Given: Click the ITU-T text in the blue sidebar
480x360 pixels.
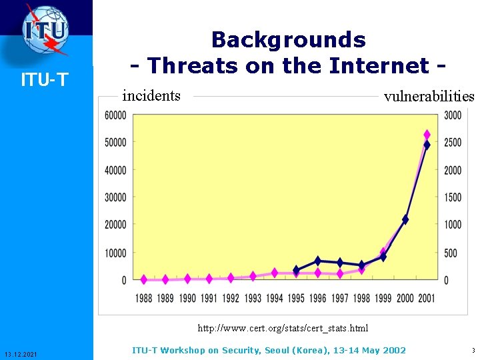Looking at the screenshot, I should coord(45,81).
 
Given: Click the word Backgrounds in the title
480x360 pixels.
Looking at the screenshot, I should coord(288,40).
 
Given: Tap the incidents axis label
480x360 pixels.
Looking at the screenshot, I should coord(151,95).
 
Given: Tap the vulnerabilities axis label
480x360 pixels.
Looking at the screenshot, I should coord(428,96).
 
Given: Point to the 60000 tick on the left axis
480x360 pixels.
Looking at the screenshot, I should coord(115,115).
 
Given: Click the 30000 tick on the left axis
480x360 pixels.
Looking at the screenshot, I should coord(115,197).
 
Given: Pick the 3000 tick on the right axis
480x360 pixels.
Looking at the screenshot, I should coord(453,115).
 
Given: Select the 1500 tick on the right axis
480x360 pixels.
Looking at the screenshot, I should coord(453,197).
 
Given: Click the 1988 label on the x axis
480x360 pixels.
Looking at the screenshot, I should coord(144,298).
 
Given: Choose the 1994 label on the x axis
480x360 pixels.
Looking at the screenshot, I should coord(275,298).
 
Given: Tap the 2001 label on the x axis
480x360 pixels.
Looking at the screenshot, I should coord(427,298).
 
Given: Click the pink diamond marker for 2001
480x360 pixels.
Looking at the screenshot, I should coord(427,135).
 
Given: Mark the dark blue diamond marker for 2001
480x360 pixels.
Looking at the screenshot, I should coord(427,145).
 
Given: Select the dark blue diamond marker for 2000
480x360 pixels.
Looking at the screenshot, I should coord(405,219).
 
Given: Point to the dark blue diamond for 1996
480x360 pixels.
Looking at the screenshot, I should coord(318,261).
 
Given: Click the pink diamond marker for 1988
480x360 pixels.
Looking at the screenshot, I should coord(144,279).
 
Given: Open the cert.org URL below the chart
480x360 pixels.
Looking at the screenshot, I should coord(283,328).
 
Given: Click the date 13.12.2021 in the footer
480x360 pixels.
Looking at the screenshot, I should coord(25,353).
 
